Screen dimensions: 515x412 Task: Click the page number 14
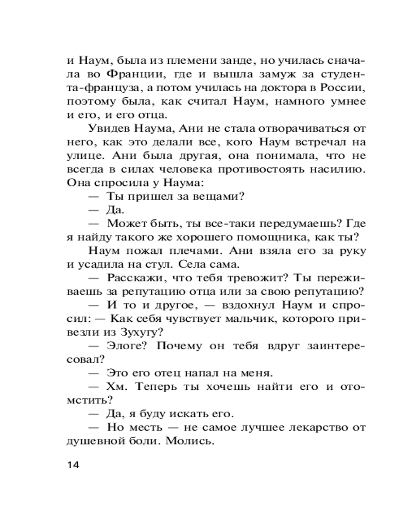[73, 465]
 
